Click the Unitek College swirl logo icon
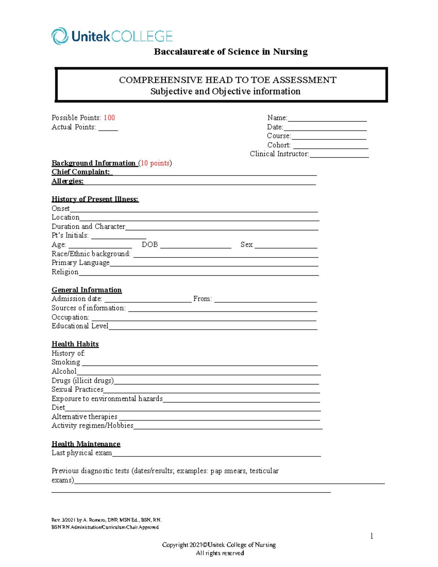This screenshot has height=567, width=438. point(60,36)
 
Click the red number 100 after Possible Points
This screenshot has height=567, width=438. point(109,118)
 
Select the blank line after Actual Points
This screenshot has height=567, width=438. point(108,129)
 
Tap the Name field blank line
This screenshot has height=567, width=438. point(327,119)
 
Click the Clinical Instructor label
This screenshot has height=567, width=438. point(279,154)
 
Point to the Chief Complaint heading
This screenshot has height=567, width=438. point(81,172)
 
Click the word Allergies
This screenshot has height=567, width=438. point(68,181)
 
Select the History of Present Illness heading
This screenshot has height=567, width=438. point(95,199)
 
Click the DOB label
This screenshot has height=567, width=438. point(150,245)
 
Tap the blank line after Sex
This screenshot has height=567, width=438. point(286,246)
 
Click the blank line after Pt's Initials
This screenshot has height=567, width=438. point(119,237)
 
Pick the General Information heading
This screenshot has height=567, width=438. point(87,290)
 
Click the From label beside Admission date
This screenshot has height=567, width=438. point(202,299)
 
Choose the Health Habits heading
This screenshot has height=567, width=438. point(75,344)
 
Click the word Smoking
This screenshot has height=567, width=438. point(66,362)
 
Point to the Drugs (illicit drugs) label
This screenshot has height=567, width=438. point(83,380)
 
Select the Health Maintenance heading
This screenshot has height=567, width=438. point(86,444)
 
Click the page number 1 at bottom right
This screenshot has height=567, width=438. point(372,536)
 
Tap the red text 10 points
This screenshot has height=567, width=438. point(155,163)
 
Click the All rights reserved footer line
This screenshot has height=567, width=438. point(220,553)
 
